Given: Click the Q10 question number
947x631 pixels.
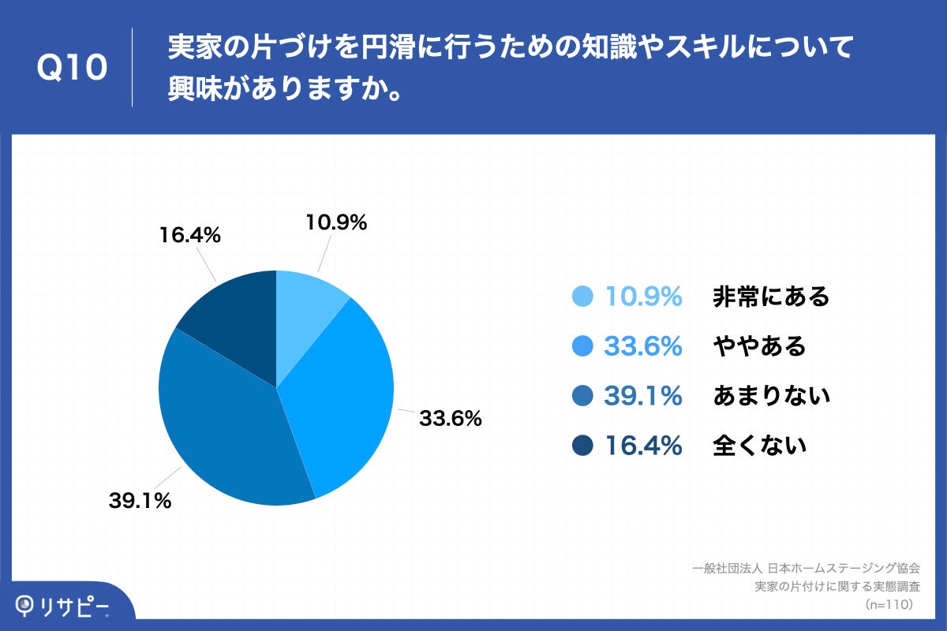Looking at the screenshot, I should [x=72, y=69].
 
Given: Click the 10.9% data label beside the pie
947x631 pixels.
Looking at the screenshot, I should [x=336, y=223].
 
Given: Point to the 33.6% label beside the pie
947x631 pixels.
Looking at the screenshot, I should [x=450, y=419].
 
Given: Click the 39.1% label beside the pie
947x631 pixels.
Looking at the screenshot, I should [x=140, y=500].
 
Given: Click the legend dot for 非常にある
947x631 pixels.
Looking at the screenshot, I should [x=582, y=297].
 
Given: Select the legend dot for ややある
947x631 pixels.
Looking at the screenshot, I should [x=582, y=346].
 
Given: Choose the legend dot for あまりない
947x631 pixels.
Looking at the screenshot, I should [x=582, y=396].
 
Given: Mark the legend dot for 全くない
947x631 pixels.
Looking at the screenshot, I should [x=582, y=446].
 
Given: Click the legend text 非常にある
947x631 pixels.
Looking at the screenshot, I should [x=771, y=297].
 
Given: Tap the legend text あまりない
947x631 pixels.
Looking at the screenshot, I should [x=771, y=396].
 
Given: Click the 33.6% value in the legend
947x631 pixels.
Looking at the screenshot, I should [x=643, y=346].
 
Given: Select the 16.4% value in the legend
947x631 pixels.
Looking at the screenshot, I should [x=643, y=446].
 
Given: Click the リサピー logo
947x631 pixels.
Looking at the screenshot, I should [x=63, y=606].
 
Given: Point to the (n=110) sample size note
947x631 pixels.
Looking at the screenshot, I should [x=889, y=604].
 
